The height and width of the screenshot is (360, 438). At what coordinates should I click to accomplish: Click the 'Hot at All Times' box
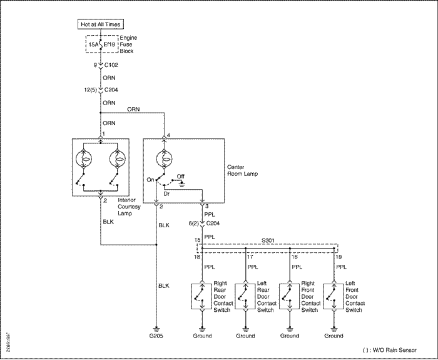(101, 24)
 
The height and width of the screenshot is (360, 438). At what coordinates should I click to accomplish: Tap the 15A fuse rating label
(93, 44)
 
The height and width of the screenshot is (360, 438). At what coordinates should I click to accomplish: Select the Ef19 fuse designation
(109, 44)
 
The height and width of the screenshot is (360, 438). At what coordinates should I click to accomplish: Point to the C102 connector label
(111, 65)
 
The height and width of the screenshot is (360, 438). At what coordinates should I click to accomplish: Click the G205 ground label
(156, 336)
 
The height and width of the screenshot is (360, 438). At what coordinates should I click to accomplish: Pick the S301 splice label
(268, 240)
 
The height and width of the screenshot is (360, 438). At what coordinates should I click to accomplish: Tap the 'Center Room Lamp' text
(243, 170)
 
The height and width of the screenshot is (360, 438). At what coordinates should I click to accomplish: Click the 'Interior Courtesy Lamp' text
(129, 207)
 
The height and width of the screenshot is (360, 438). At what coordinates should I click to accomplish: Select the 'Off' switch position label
(180, 177)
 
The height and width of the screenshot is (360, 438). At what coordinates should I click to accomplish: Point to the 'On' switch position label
(150, 180)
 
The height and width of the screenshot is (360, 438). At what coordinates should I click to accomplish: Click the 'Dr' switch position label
(166, 193)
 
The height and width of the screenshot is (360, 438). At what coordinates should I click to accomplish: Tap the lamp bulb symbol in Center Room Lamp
(164, 159)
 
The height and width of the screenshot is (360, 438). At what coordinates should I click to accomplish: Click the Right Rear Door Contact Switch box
(201, 297)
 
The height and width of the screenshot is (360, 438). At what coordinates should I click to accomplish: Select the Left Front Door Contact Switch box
(334, 297)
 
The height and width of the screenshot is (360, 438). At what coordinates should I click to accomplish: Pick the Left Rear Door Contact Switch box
(245, 297)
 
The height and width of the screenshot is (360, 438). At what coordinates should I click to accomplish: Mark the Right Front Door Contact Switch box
(290, 297)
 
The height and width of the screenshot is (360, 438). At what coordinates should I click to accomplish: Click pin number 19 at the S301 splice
(339, 257)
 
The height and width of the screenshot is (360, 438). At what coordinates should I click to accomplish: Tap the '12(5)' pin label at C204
(91, 90)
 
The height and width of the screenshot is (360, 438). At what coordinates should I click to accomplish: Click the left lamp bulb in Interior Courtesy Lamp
(84, 159)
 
